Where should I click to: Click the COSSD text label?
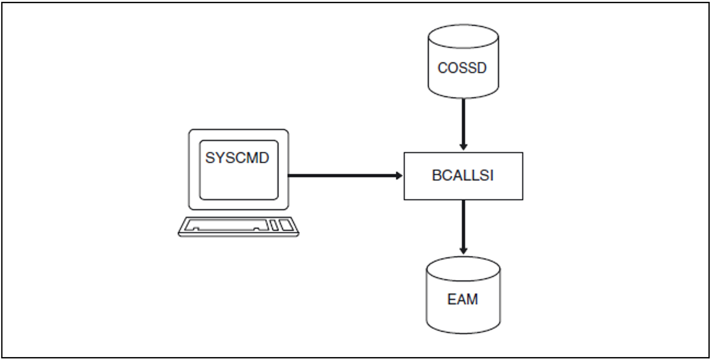click(462, 68)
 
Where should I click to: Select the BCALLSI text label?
click(463, 175)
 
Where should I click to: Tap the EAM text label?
click(462, 299)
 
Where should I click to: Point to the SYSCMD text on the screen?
click(237, 158)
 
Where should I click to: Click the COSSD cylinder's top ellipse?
click(463, 36)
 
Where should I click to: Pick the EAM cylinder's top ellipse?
click(463, 269)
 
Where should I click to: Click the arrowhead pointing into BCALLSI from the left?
click(399, 176)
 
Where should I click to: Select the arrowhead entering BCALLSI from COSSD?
click(463, 147)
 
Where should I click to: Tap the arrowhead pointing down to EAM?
click(463, 251)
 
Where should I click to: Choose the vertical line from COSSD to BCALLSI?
click(463, 121)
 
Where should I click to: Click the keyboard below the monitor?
click(238, 227)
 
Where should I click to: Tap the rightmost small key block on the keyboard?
click(286, 225)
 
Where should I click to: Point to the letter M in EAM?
click(471, 299)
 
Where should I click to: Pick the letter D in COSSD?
click(481, 68)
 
